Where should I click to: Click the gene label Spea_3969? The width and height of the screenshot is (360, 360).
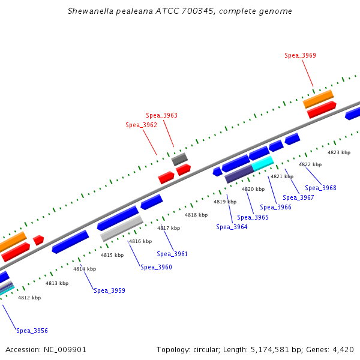300,55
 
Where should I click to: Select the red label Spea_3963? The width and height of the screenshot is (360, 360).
161,115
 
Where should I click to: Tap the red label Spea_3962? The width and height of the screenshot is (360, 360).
141,125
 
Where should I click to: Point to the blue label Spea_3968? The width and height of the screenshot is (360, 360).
320,188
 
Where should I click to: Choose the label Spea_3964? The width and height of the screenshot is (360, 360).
232,227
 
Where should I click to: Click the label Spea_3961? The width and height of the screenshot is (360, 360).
172,254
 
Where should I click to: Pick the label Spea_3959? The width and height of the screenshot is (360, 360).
109,290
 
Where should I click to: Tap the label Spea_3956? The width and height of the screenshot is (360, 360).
32,331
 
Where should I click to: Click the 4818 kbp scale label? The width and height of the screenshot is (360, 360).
196,215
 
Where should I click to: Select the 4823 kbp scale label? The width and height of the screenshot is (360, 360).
338,152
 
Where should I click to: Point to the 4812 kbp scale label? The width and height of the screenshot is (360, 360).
29,298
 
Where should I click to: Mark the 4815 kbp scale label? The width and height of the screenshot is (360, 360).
112,255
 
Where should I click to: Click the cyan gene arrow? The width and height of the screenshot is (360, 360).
263,163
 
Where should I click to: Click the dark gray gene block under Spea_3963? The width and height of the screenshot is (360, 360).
179,159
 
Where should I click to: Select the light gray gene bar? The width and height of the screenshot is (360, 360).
121,229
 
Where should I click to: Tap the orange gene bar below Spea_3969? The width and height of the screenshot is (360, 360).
318,98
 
